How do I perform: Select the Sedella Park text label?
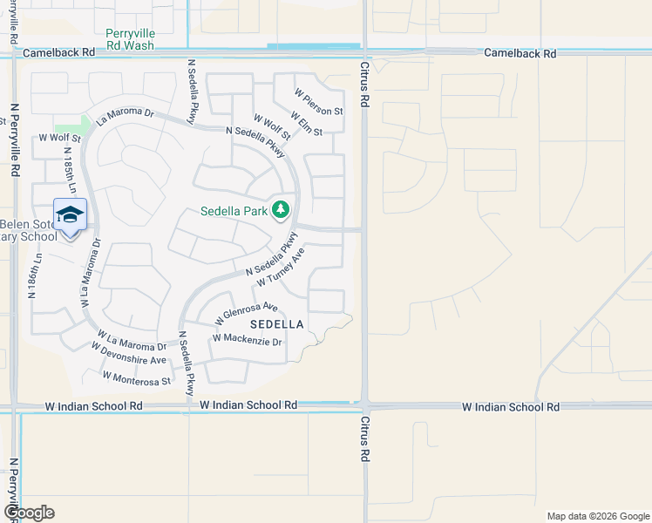click(234, 211)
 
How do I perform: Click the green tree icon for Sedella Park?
click(280, 210)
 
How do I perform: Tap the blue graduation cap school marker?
click(70, 214)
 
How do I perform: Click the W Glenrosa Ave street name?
click(246, 314)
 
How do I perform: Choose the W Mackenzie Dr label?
click(248, 339)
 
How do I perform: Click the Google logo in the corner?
click(29, 513)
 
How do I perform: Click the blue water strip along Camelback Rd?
click(314, 46)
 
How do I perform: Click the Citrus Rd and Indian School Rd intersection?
click(365, 406)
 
